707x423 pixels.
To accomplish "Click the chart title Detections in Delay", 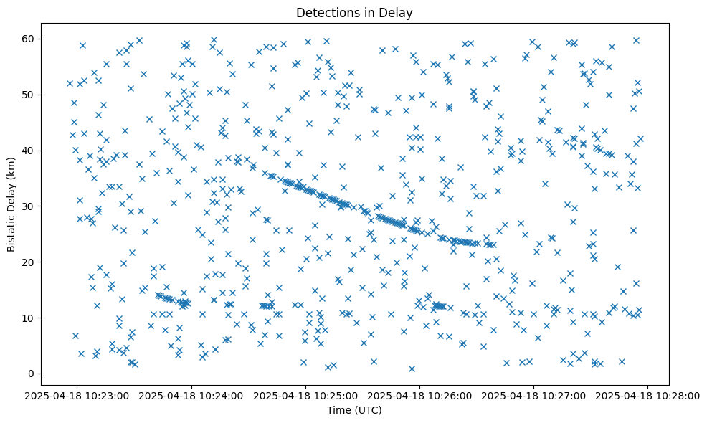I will click(x=354, y=12).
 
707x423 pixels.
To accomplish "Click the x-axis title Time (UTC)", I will click(x=354, y=410).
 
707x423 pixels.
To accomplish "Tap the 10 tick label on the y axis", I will click(x=31, y=318).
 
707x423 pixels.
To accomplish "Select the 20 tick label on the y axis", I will click(x=31, y=262).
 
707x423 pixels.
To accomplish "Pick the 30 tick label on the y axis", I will click(x=31, y=206).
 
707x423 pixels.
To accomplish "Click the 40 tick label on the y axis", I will click(x=31, y=150).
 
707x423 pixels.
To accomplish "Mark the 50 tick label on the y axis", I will click(x=31, y=94).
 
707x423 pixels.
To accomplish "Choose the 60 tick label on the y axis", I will click(x=31, y=38).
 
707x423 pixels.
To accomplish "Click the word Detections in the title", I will click(x=323, y=12).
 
